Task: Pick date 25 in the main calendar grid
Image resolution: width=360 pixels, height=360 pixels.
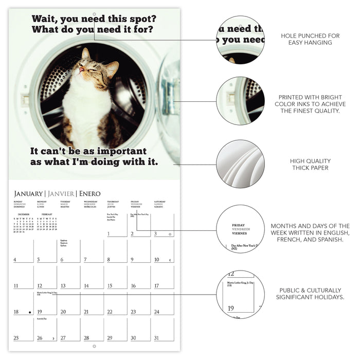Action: click(16, 338)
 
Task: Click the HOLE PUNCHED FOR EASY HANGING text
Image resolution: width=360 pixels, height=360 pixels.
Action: click(310, 39)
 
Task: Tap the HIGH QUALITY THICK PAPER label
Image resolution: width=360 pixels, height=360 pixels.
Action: click(310, 165)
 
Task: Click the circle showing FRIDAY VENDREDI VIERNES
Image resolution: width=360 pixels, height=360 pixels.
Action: click(240, 229)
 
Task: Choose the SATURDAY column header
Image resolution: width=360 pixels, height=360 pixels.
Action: click(160, 202)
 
